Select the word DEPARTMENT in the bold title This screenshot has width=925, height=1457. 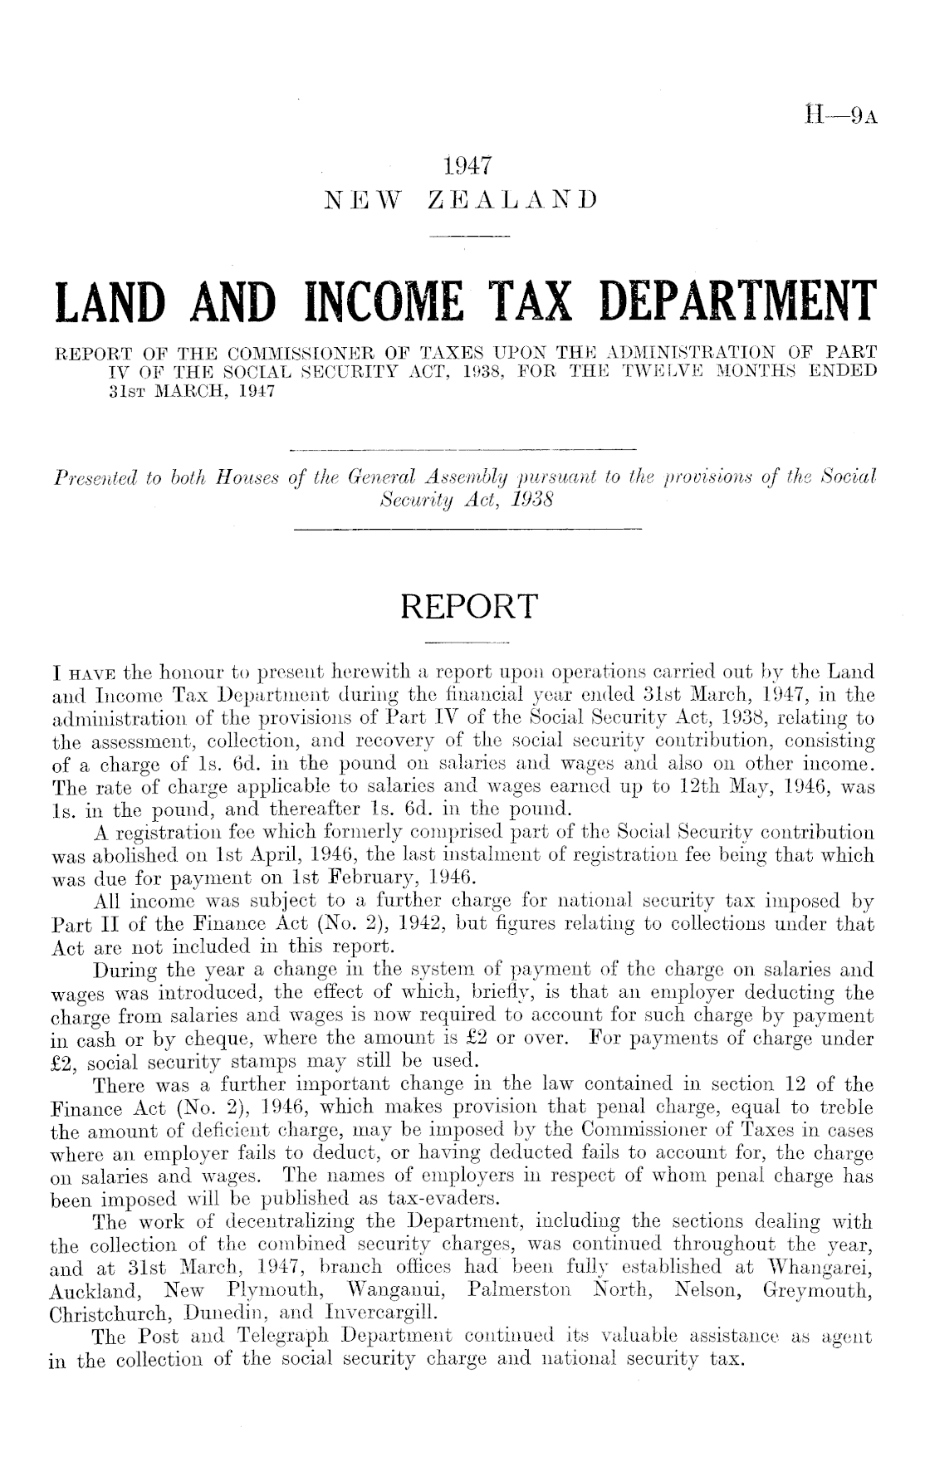tap(731, 303)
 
